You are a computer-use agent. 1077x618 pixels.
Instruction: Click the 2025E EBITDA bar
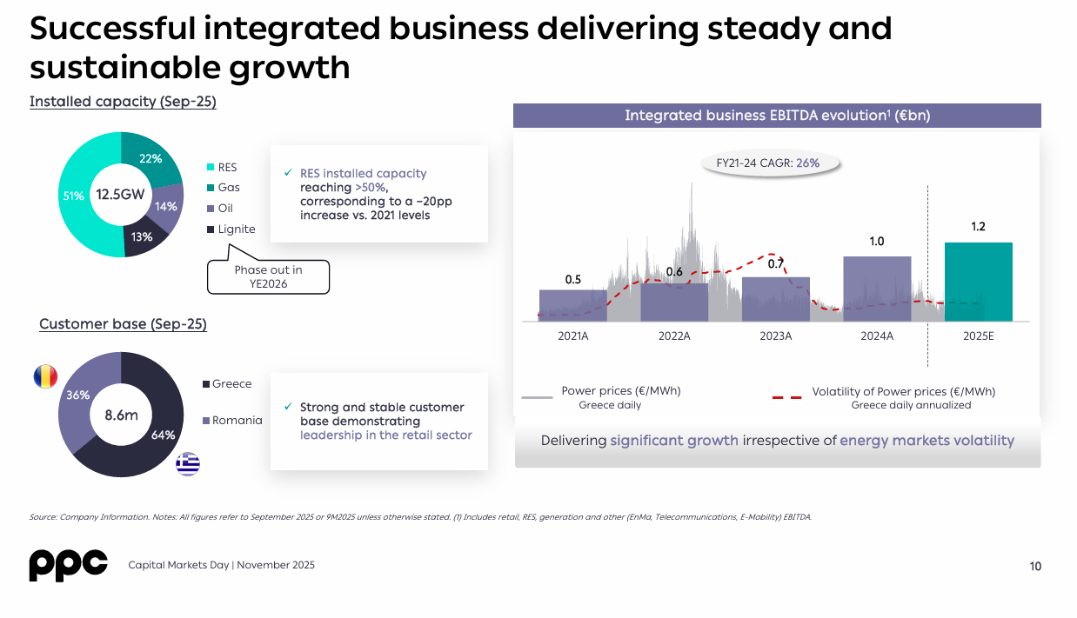(978, 282)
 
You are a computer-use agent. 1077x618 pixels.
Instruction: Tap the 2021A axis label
(573, 336)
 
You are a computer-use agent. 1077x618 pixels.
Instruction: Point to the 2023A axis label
(775, 336)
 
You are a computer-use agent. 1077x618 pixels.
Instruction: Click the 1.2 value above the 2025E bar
(978, 227)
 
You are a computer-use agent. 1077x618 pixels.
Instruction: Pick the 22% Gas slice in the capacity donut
(150, 159)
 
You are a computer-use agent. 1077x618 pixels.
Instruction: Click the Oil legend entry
(225, 208)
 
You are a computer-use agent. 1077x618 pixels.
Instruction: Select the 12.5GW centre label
(120, 195)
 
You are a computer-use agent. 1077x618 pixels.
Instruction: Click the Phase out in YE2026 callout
(268, 276)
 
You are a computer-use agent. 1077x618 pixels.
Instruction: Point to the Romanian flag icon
(45, 376)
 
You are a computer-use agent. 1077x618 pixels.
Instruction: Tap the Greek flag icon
(187, 464)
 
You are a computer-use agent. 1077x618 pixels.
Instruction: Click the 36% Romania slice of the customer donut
(78, 395)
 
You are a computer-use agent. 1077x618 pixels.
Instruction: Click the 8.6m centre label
(121, 415)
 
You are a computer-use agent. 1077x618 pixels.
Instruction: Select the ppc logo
(69, 565)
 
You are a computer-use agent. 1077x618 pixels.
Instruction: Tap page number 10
(1035, 567)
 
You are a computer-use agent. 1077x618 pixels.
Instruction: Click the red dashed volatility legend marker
(787, 397)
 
